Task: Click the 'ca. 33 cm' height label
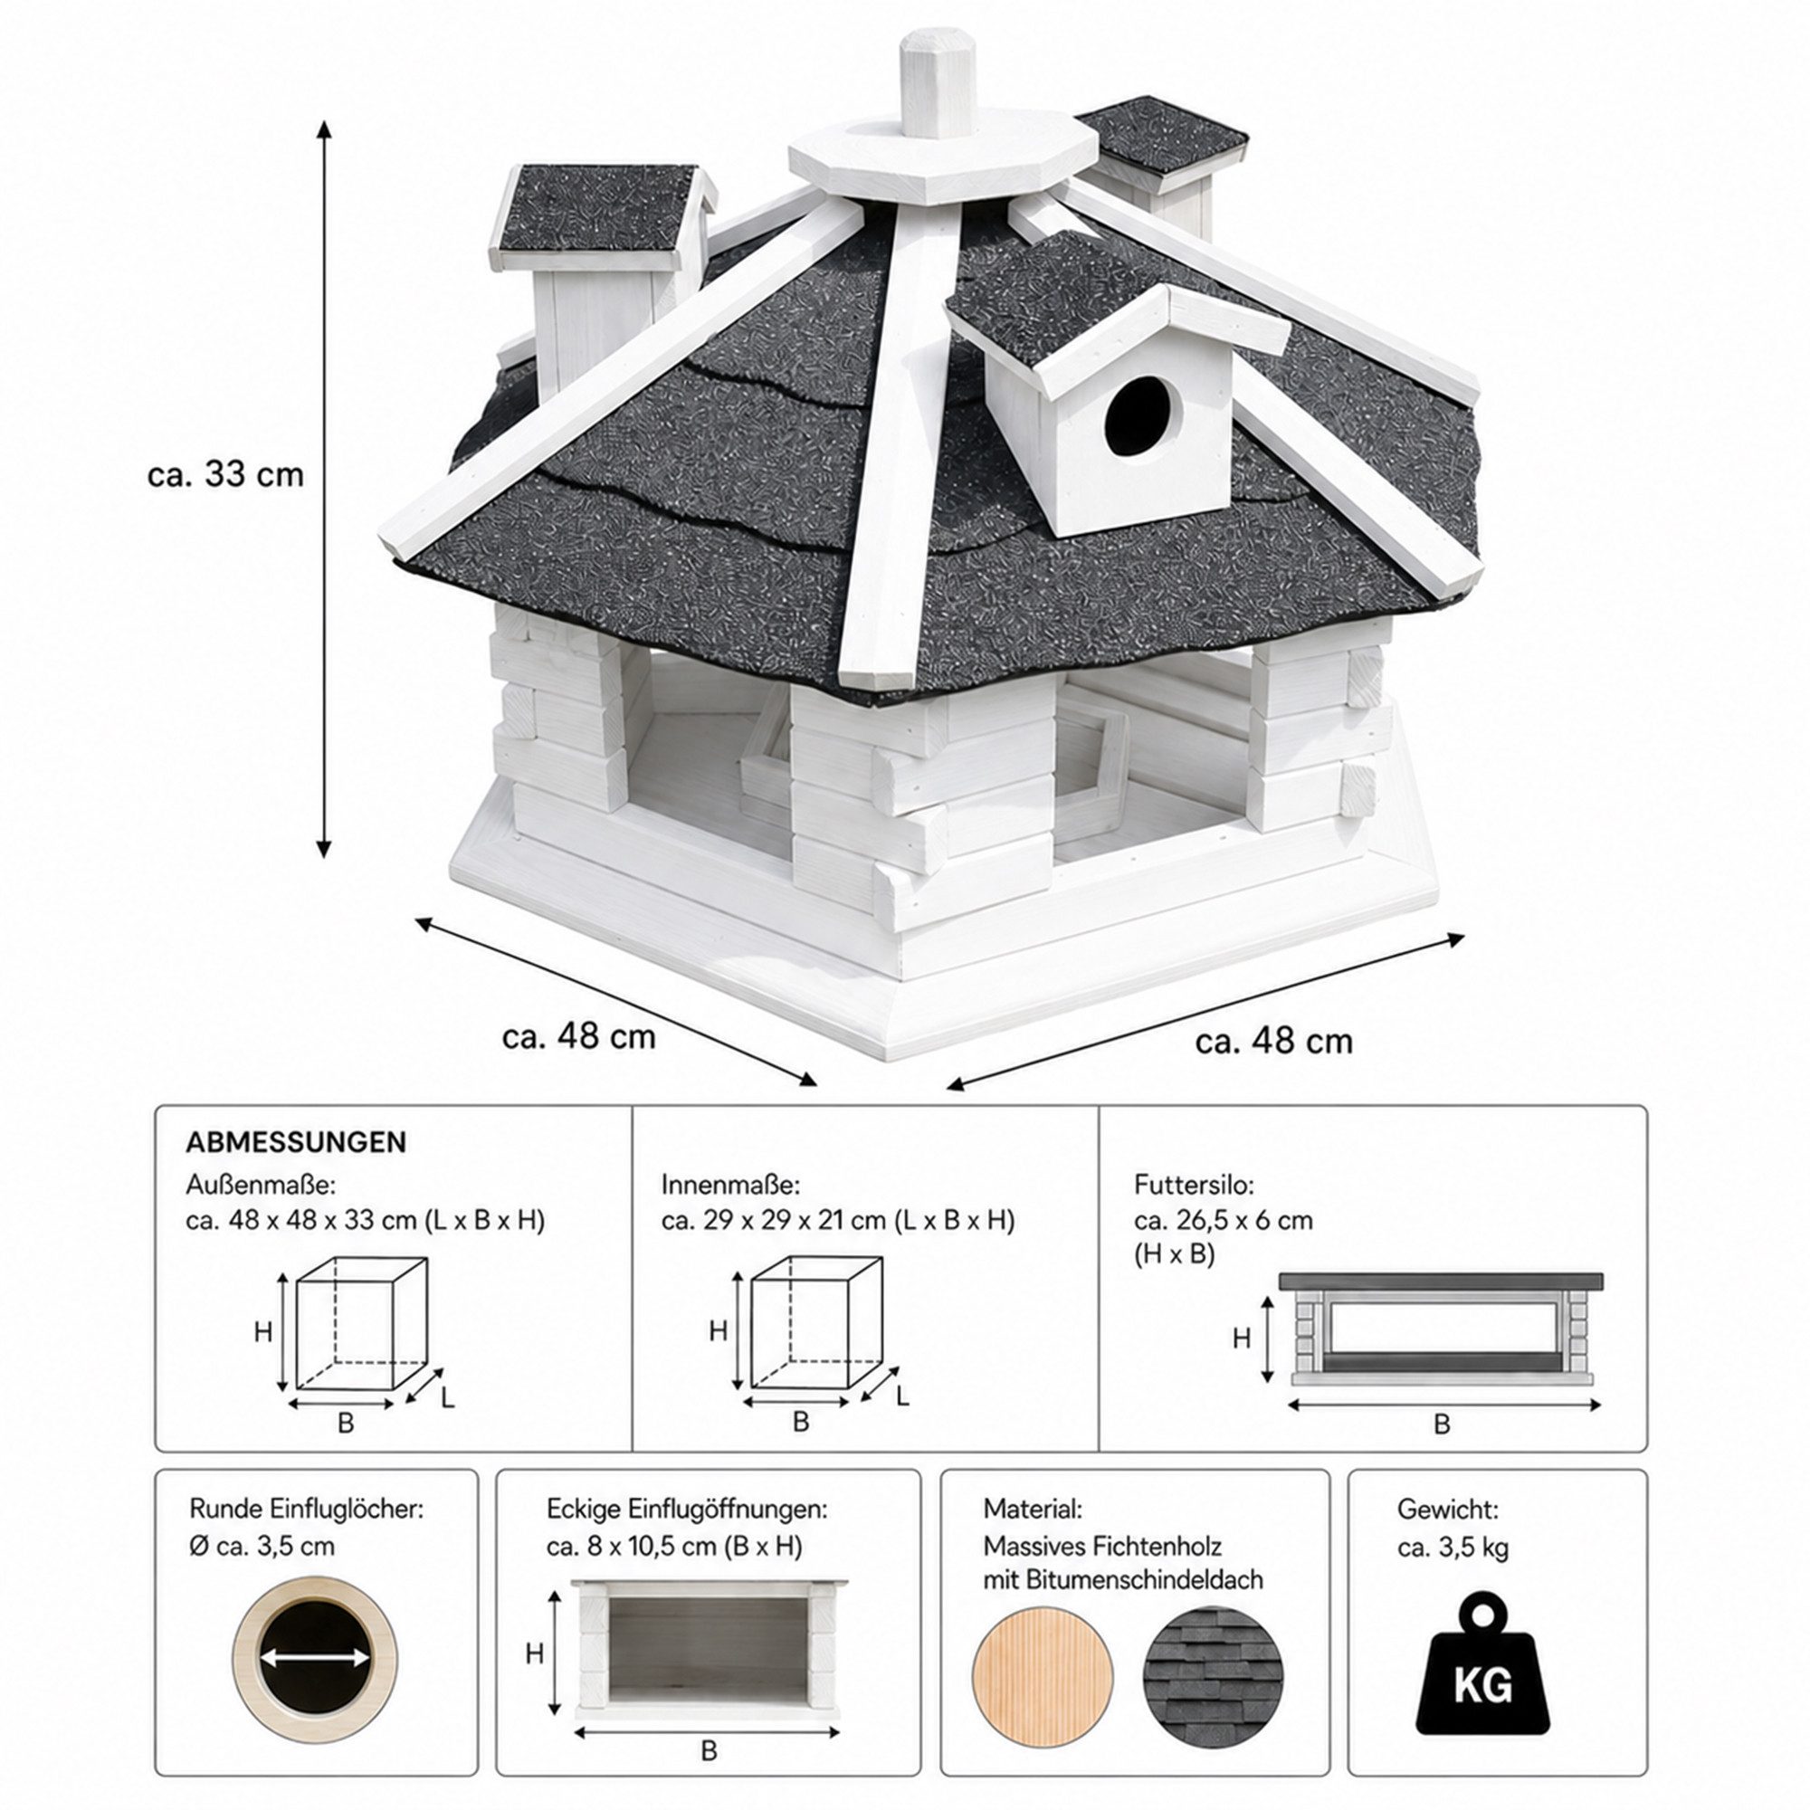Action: tap(225, 474)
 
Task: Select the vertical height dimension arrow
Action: tap(324, 489)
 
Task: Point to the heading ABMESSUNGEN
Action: tap(296, 1142)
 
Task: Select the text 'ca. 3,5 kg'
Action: tap(1453, 1548)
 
